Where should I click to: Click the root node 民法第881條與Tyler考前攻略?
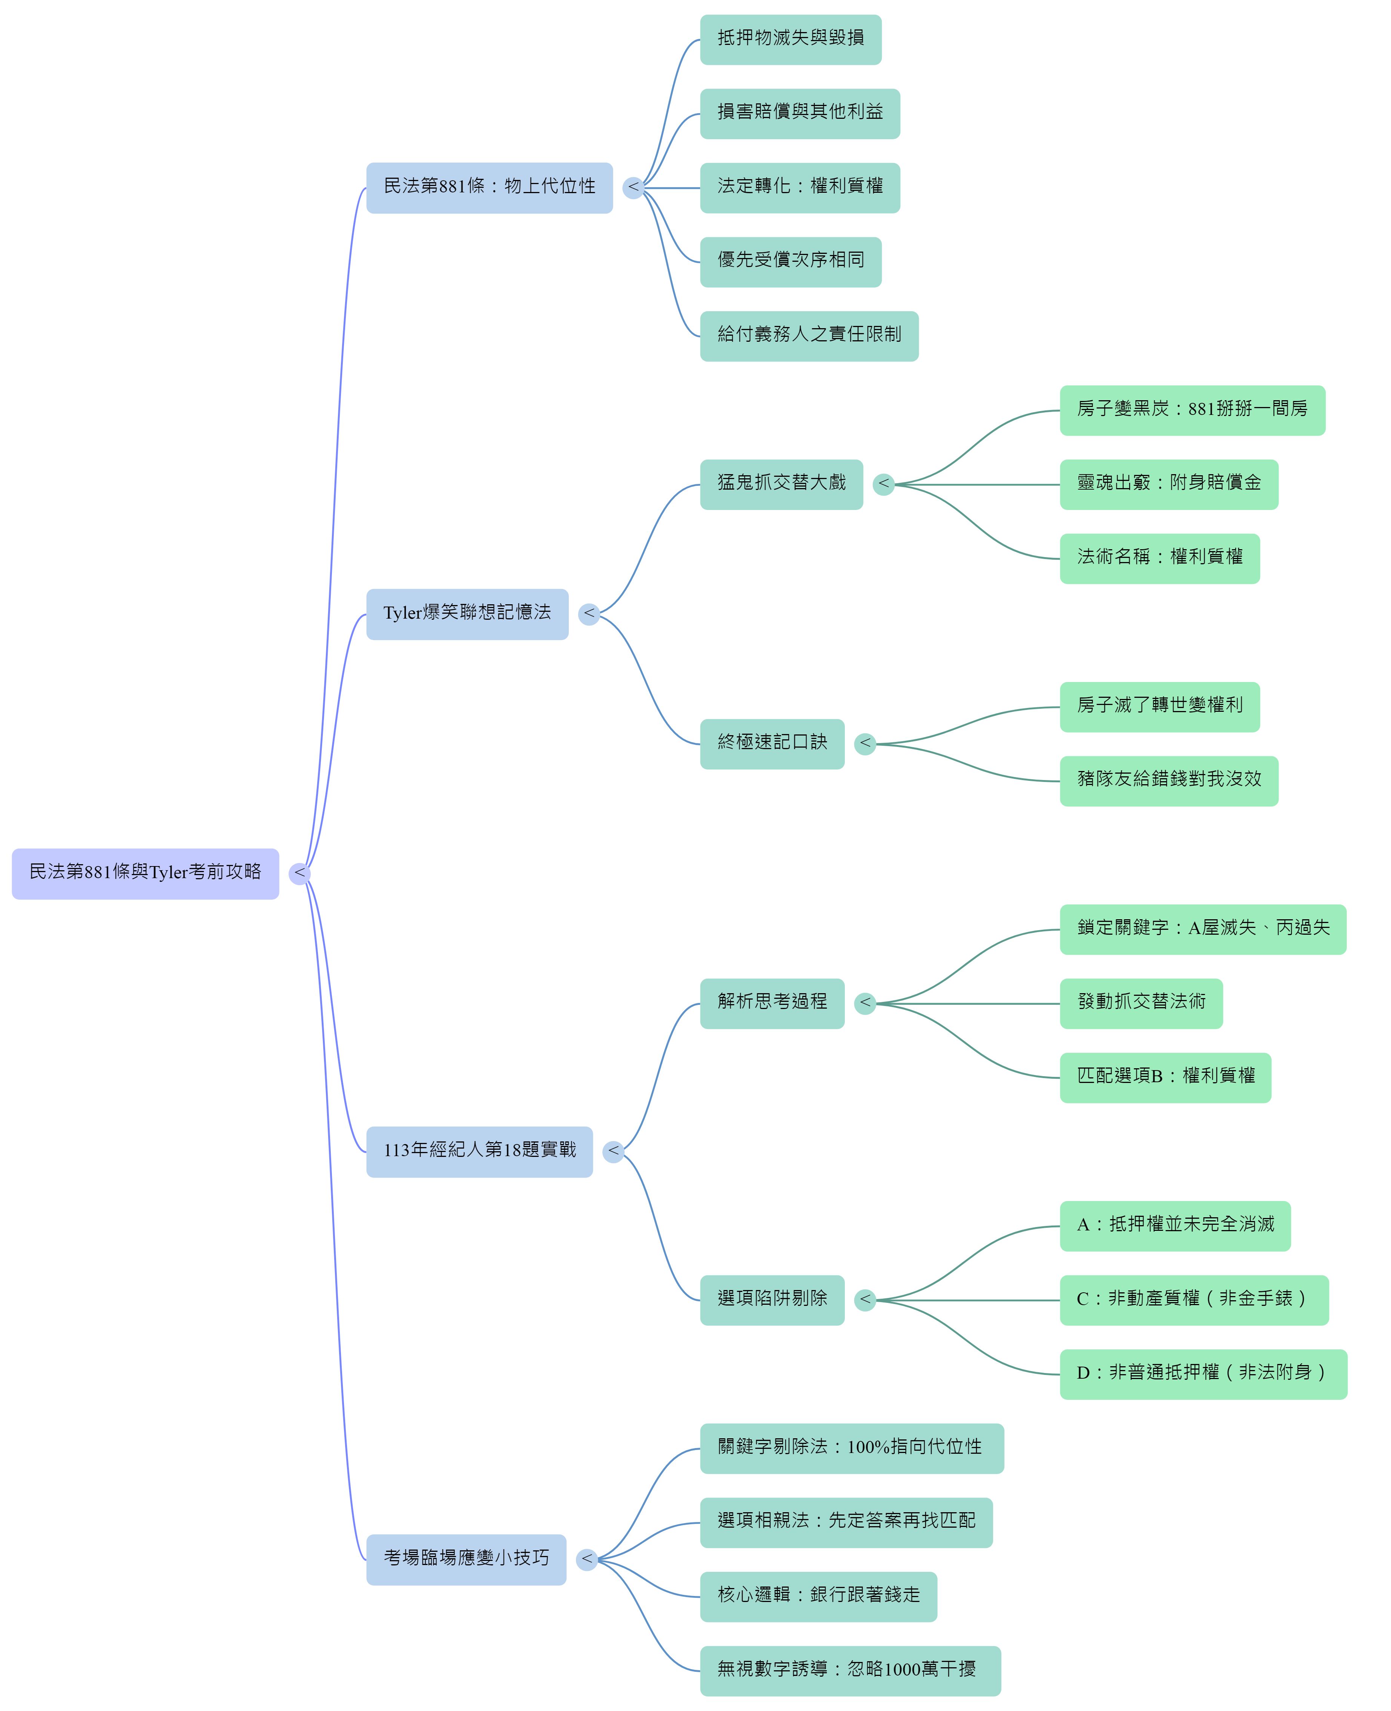coord(145,874)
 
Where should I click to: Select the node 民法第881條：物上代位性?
coord(490,188)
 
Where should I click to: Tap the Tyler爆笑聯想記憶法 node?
coord(467,615)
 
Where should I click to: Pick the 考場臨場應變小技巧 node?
coord(466,1559)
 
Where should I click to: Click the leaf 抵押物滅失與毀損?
coord(791,39)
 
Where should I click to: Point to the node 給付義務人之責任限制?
coord(809,336)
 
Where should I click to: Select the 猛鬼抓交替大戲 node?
coord(781,485)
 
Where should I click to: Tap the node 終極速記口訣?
coord(772,745)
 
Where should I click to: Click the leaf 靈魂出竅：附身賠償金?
coord(1169,485)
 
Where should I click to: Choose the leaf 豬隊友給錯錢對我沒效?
coord(1169,781)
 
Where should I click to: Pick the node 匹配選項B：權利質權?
coord(1166,1078)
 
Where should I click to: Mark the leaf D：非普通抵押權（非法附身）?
coord(1204,1375)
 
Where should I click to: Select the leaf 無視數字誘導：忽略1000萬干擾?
coord(851,1671)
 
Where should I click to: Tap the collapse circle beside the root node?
coord(300,874)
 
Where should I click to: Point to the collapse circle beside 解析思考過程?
coord(865,1003)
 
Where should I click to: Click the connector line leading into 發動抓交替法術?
coord(968,1003)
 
